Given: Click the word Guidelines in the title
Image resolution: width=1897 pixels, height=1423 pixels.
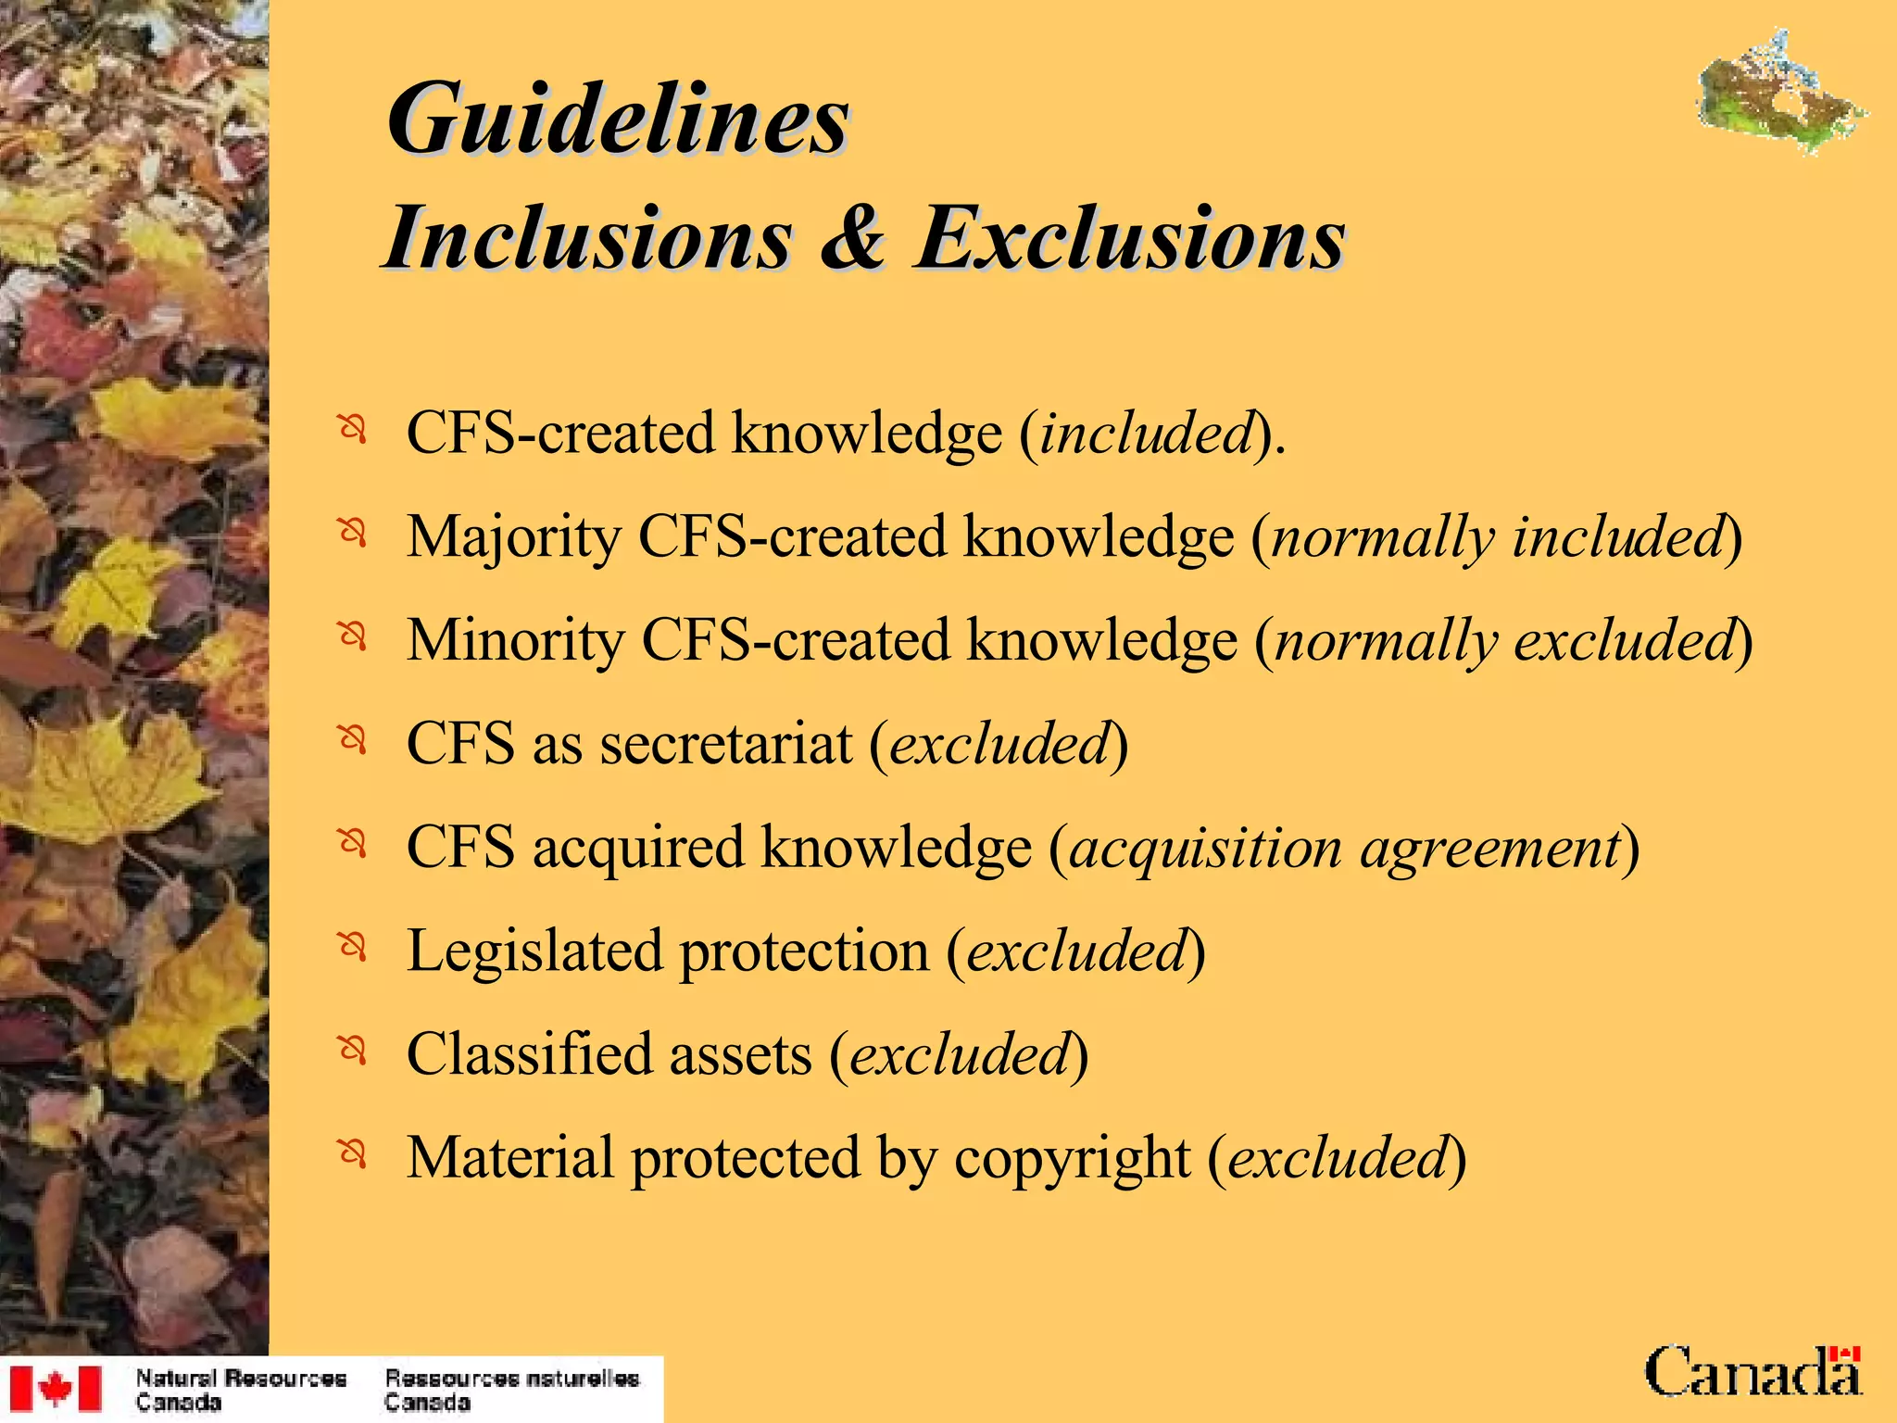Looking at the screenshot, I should click(x=618, y=120).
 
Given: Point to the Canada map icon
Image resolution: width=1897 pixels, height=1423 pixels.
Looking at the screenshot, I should click(x=1780, y=93).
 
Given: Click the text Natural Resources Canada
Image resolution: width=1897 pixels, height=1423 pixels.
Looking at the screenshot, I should click(x=241, y=1390).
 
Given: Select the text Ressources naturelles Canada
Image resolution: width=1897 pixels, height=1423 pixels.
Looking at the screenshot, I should click(x=511, y=1390).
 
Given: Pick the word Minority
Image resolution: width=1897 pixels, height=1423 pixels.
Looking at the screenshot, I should click(x=516, y=641).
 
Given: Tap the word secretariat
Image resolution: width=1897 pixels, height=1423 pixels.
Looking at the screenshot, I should click(x=725, y=744).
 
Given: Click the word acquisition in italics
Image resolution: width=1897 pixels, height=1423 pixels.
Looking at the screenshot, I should click(x=1204, y=848).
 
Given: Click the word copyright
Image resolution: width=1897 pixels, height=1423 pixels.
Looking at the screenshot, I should click(x=1072, y=1159).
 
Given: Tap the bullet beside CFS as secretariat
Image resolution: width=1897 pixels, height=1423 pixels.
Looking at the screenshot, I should click(x=352, y=740).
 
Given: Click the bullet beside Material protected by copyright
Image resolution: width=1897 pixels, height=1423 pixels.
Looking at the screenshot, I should click(x=352, y=1154).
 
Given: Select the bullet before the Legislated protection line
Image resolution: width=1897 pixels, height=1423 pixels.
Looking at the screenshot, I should click(x=352, y=947).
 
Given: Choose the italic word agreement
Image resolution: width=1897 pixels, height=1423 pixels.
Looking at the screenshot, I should click(x=1489, y=850).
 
